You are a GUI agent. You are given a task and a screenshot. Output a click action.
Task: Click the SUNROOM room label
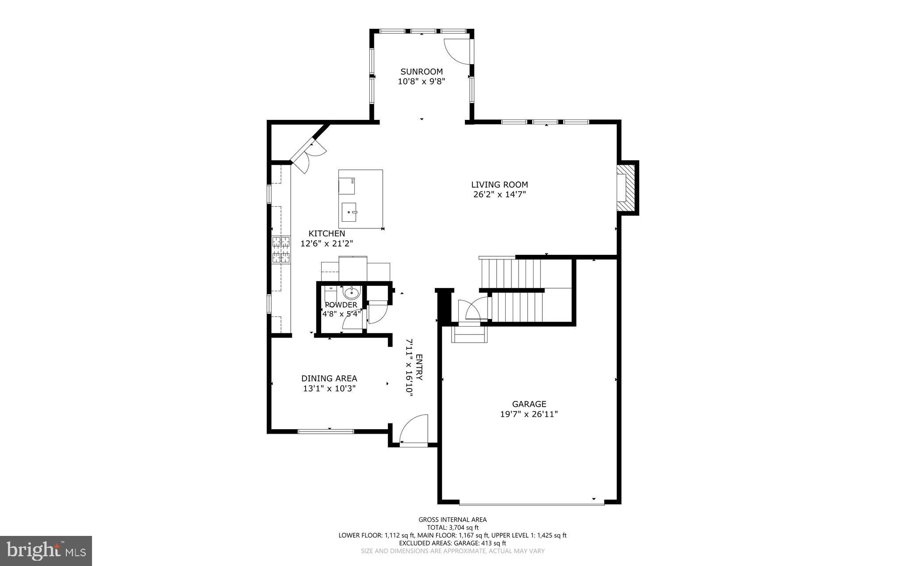click(421, 72)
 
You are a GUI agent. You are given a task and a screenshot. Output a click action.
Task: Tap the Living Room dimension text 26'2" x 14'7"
click(499, 194)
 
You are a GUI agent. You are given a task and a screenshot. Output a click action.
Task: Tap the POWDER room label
click(341, 305)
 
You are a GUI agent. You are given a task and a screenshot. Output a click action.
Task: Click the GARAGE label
click(529, 404)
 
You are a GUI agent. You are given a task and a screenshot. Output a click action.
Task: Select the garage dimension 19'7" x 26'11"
click(529, 414)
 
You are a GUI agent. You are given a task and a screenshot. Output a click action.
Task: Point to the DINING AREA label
click(329, 378)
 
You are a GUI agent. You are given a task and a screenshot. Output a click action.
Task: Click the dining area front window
click(326, 431)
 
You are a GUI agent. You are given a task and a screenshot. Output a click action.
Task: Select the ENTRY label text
click(419, 367)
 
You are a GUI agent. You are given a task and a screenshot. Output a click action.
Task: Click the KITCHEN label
click(326, 234)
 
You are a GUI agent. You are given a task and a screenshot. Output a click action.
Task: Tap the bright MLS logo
click(46, 551)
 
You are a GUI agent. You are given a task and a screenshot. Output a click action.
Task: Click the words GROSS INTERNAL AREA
click(452, 520)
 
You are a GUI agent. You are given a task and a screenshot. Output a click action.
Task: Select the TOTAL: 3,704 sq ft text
click(452, 527)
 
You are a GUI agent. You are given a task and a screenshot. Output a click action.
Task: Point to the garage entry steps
click(469, 335)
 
